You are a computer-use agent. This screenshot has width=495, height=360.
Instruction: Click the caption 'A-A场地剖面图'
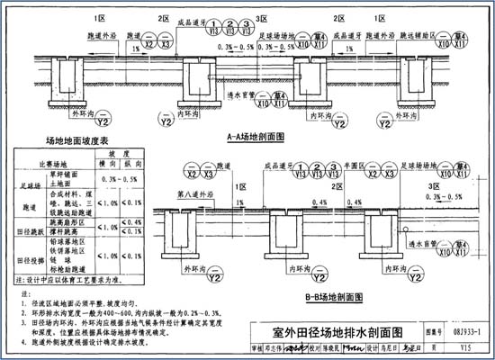256,137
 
